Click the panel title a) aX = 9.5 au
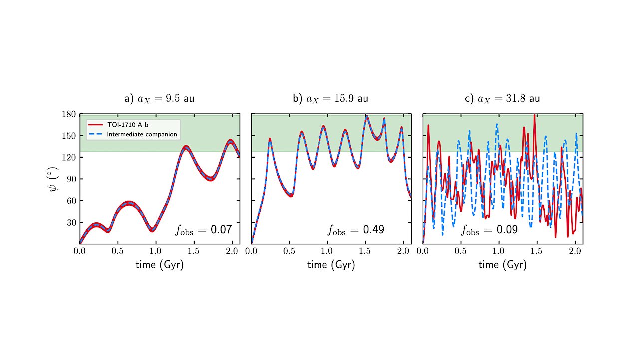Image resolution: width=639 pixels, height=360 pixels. coord(159,99)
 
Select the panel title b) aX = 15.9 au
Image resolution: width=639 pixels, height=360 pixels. coord(330,99)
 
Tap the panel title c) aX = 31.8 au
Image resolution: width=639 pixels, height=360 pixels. coord(502,99)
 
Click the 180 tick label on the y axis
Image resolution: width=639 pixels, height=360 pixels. coord(69,114)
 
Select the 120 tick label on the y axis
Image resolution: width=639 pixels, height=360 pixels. coord(69,157)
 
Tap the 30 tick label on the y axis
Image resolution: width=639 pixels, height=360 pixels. coord(71,222)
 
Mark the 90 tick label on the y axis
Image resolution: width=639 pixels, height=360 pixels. coord(71,179)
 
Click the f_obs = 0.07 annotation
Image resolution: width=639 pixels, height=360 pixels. coord(203,230)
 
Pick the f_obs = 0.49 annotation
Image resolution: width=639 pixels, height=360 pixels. coord(355,230)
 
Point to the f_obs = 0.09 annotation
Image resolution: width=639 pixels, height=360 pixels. coord(489,230)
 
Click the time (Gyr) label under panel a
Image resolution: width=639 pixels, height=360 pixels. coord(159,265)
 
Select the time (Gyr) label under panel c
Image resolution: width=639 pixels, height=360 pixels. coord(502,265)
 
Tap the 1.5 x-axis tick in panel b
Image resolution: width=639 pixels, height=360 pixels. coord(365,251)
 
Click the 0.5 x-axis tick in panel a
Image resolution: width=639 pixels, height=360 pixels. coord(118,251)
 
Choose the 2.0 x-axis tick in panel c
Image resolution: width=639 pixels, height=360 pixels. coord(575,251)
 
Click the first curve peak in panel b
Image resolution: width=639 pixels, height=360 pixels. coord(270,139)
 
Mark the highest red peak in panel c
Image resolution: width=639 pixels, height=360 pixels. coord(535,115)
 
